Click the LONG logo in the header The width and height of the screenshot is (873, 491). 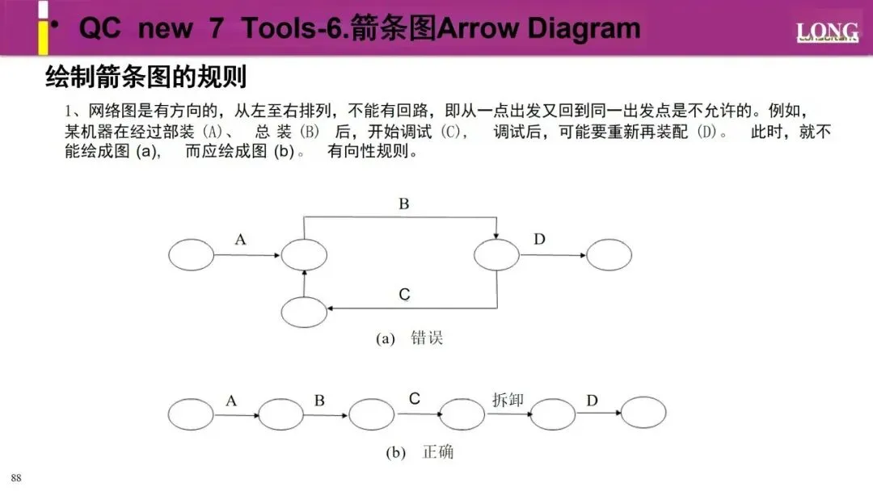coord(826,32)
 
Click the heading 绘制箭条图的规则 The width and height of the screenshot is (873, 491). coord(145,78)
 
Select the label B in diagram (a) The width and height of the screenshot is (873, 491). coord(403,204)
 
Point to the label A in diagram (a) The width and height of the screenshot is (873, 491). coord(240,239)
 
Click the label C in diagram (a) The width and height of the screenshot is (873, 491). coord(404,296)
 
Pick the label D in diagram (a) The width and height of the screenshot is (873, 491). coord(539,239)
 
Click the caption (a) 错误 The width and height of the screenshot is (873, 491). coord(410,338)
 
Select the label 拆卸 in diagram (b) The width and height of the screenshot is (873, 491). coord(508,400)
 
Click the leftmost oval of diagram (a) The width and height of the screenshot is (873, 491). coord(192,255)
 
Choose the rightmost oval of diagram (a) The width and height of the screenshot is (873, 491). coord(609,255)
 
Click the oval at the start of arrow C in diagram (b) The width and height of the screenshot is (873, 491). coord(371,413)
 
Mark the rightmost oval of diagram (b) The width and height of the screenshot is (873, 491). coord(643,413)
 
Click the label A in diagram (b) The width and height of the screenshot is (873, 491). coord(231,400)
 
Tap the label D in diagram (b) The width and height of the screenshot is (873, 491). coord(592,400)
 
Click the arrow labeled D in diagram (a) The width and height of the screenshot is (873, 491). coord(553,256)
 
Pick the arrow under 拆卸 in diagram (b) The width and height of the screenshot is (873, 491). coord(508,413)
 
